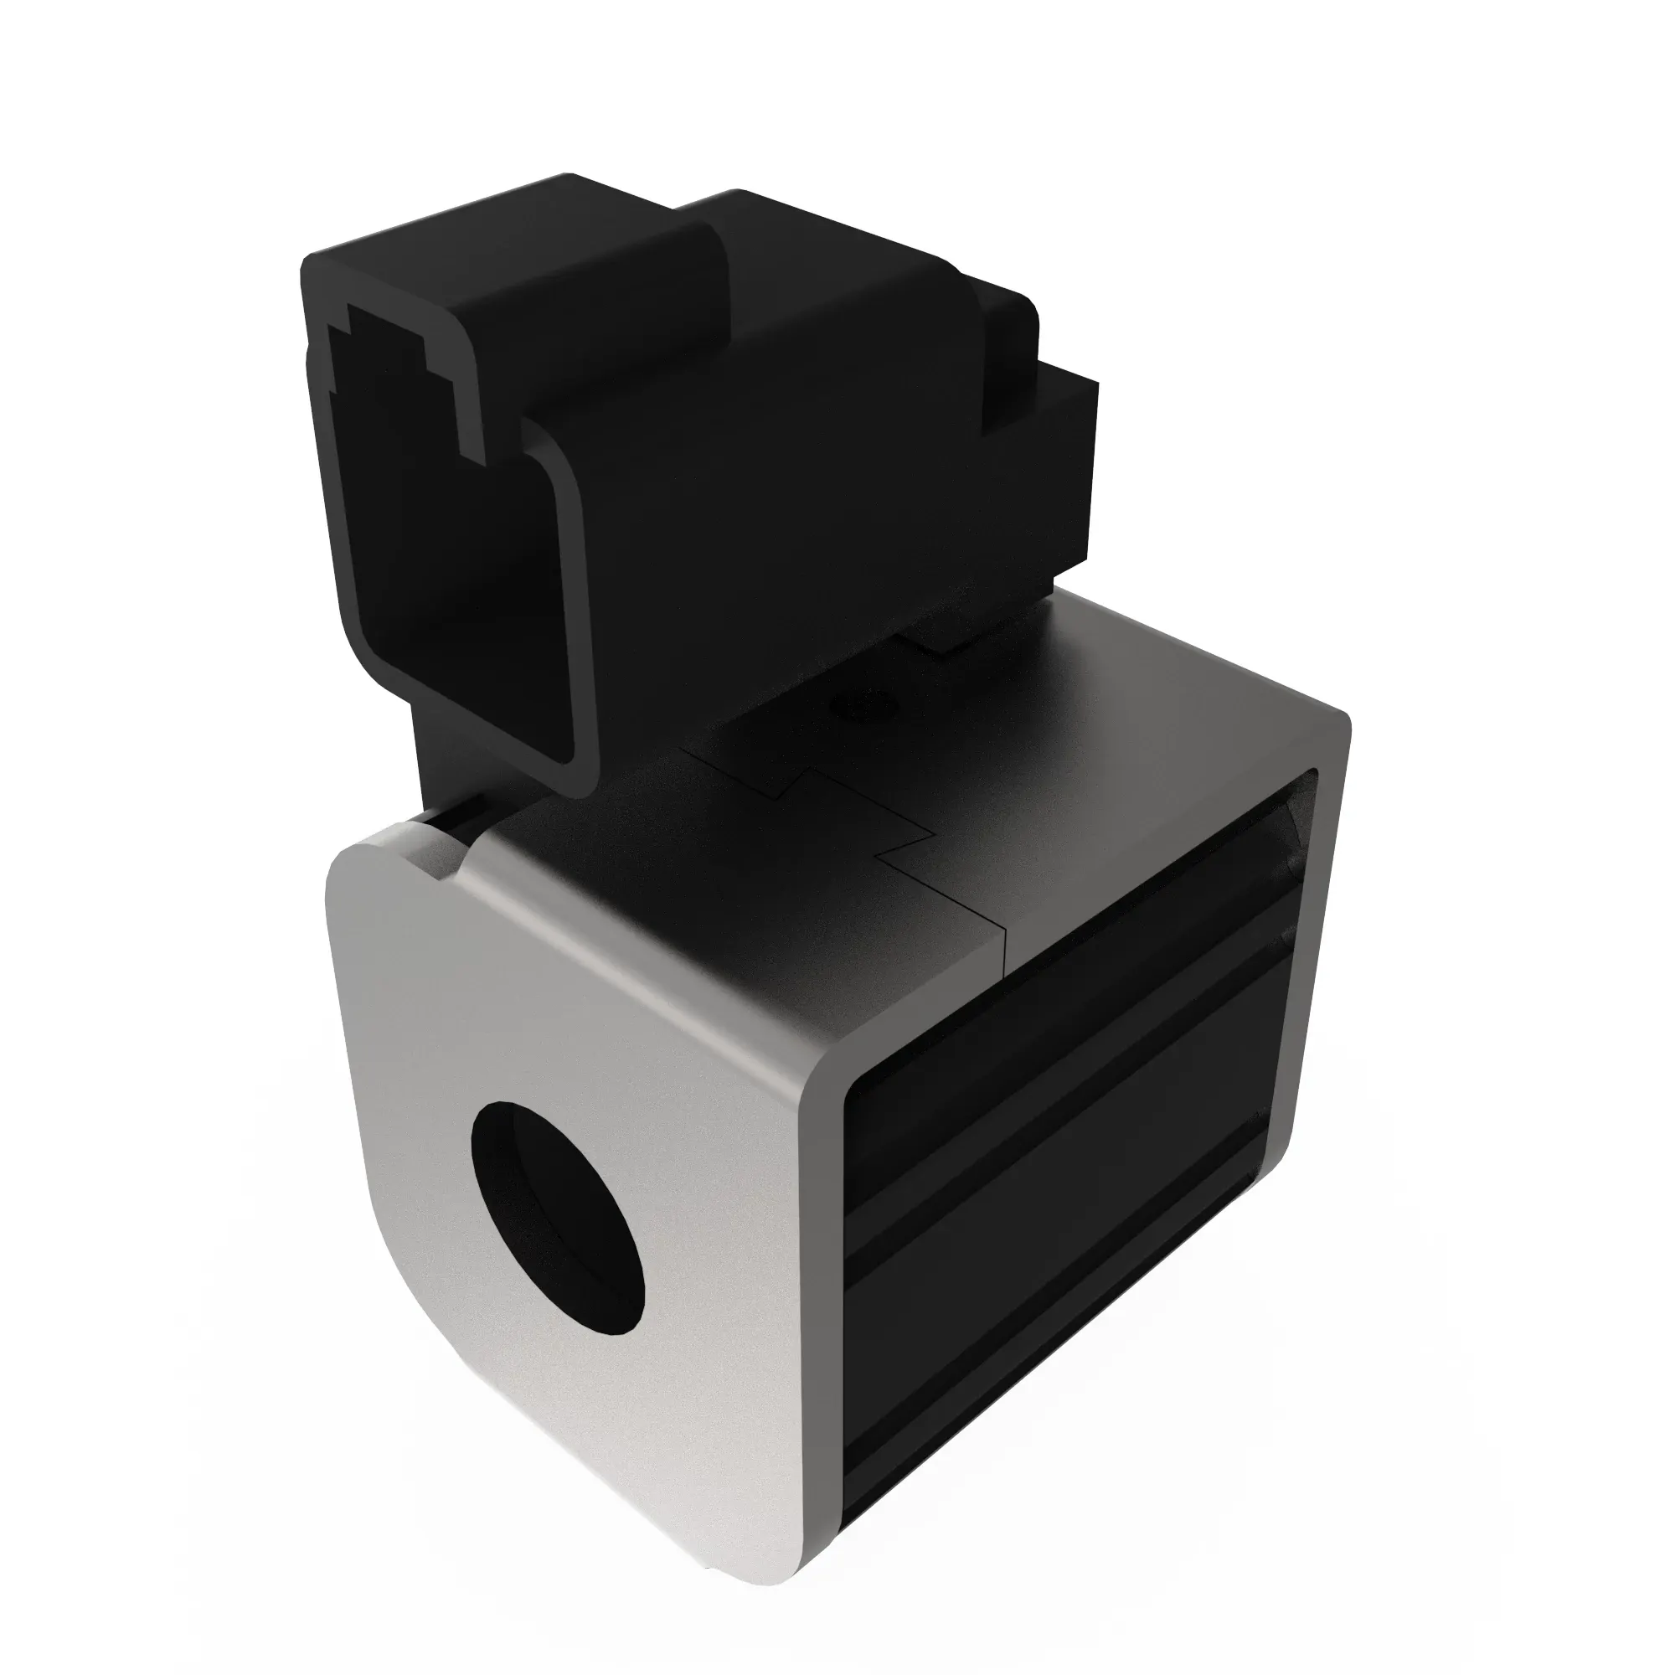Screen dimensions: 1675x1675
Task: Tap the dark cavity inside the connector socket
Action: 451,555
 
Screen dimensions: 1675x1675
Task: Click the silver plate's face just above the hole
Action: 555,1023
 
